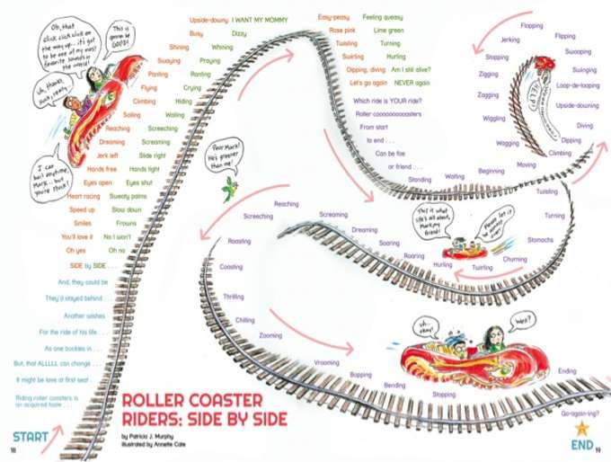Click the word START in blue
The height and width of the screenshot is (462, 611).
click(31, 439)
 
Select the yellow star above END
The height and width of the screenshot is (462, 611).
click(580, 426)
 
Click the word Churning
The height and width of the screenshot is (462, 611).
click(515, 259)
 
